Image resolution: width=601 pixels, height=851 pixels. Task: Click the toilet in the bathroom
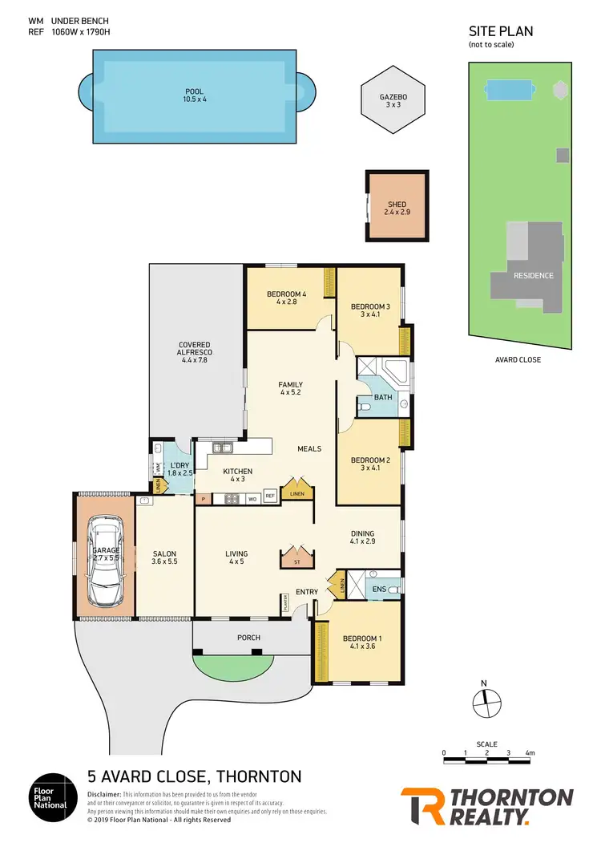coord(365,407)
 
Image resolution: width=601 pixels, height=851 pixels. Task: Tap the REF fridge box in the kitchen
coord(270,496)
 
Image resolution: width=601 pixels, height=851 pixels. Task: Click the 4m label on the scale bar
coord(530,753)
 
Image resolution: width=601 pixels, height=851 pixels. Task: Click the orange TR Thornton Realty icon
coord(422,806)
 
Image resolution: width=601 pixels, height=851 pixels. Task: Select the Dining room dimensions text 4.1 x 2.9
coord(362,542)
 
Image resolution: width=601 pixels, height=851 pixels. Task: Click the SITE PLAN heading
coord(500,32)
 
